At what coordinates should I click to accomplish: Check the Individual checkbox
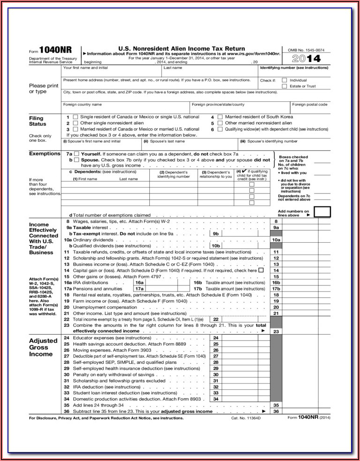point(284,80)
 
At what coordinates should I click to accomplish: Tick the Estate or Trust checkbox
point(284,86)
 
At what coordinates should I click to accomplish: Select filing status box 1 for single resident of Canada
point(76,117)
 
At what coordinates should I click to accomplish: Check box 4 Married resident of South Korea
point(220,117)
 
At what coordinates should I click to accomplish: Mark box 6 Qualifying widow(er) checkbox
point(220,129)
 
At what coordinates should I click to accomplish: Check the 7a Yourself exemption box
point(77,154)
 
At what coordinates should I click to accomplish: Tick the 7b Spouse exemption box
point(77,160)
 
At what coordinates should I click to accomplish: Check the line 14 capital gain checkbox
point(261,270)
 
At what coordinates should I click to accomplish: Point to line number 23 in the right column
point(276,331)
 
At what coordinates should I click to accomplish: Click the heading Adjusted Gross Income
point(43,347)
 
